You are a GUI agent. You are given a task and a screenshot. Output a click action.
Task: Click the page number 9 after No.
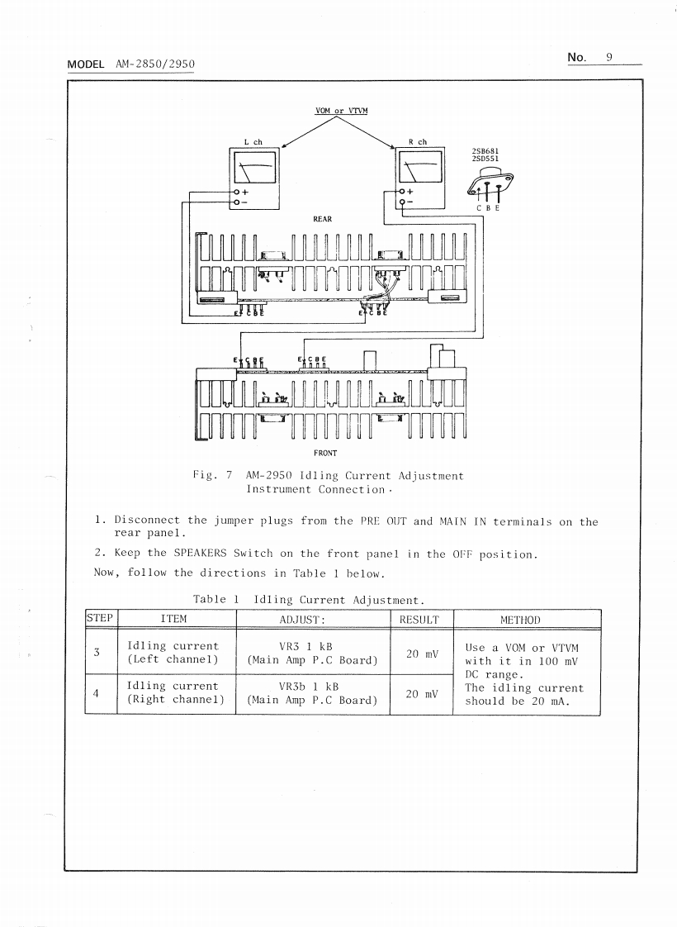coord(608,57)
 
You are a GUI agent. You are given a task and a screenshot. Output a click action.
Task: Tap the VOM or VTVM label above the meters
coord(341,111)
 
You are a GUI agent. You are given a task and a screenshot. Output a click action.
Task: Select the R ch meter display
coord(420,171)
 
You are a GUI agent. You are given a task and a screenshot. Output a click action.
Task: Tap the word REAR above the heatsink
coord(322,219)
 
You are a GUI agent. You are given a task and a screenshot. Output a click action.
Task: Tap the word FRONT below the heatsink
coord(324,453)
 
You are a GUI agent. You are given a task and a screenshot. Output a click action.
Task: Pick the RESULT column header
coord(419,619)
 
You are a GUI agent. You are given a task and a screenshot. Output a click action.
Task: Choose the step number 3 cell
coord(97,653)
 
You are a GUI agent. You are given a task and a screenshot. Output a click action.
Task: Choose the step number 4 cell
coord(97,692)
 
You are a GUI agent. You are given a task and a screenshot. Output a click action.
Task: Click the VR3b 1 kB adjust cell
coord(312,693)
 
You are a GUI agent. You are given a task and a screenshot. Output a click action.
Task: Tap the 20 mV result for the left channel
coord(419,653)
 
